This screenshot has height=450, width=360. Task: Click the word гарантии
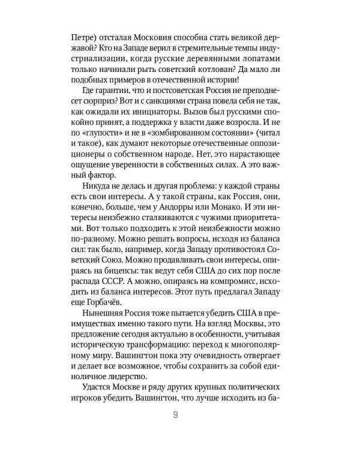[100, 94]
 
